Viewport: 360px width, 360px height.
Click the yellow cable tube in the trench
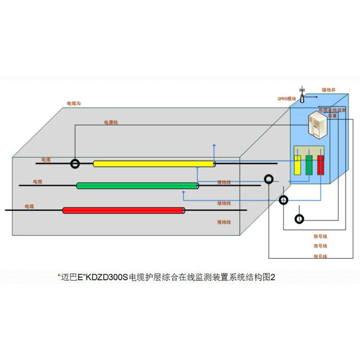[154, 164]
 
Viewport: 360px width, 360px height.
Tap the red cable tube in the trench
[123, 210]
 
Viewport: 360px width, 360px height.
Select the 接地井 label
[329, 89]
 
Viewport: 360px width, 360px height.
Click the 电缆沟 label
[74, 103]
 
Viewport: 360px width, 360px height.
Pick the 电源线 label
[111, 122]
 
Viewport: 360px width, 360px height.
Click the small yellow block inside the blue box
[297, 165]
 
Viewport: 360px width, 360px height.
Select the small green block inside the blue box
[309, 165]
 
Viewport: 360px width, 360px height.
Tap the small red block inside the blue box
[321, 165]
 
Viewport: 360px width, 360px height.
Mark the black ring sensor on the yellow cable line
[76, 164]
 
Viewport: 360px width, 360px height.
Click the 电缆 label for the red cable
[29, 206]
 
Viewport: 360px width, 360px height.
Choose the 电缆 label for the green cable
[38, 182]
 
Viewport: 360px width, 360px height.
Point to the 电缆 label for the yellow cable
[46, 160]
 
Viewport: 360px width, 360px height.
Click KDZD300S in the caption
[106, 277]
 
